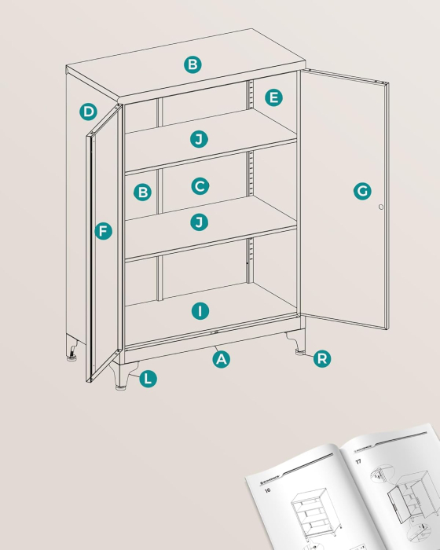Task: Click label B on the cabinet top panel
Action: coord(192,64)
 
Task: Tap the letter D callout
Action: coord(89,112)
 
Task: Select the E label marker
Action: coord(273,97)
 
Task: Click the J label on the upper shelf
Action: coord(200,140)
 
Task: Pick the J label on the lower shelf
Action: coord(200,222)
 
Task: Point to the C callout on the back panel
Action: coord(200,186)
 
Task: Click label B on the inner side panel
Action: coord(142,191)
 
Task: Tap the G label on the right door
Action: coord(361,191)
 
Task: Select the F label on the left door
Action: coord(103,231)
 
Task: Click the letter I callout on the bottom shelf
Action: coord(200,311)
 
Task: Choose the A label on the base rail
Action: coord(222,359)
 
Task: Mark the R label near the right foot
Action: coord(321,359)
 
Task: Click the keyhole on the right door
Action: coord(381,207)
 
